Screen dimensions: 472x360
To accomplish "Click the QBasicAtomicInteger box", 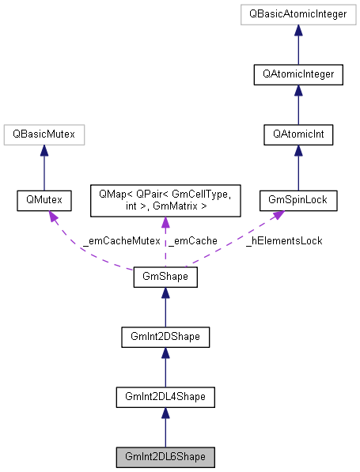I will (298, 14).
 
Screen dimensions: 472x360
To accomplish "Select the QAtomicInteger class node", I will (298, 74).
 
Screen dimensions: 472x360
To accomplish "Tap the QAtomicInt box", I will (298, 135).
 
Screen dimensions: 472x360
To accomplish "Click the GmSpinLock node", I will (298, 201).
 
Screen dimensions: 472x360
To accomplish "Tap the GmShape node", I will (165, 278).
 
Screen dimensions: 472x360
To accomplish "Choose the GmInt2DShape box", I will (165, 338).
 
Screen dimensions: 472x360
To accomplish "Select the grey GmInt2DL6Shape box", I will (165, 457).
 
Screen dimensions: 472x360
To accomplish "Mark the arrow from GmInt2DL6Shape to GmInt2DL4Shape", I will (165, 427).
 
